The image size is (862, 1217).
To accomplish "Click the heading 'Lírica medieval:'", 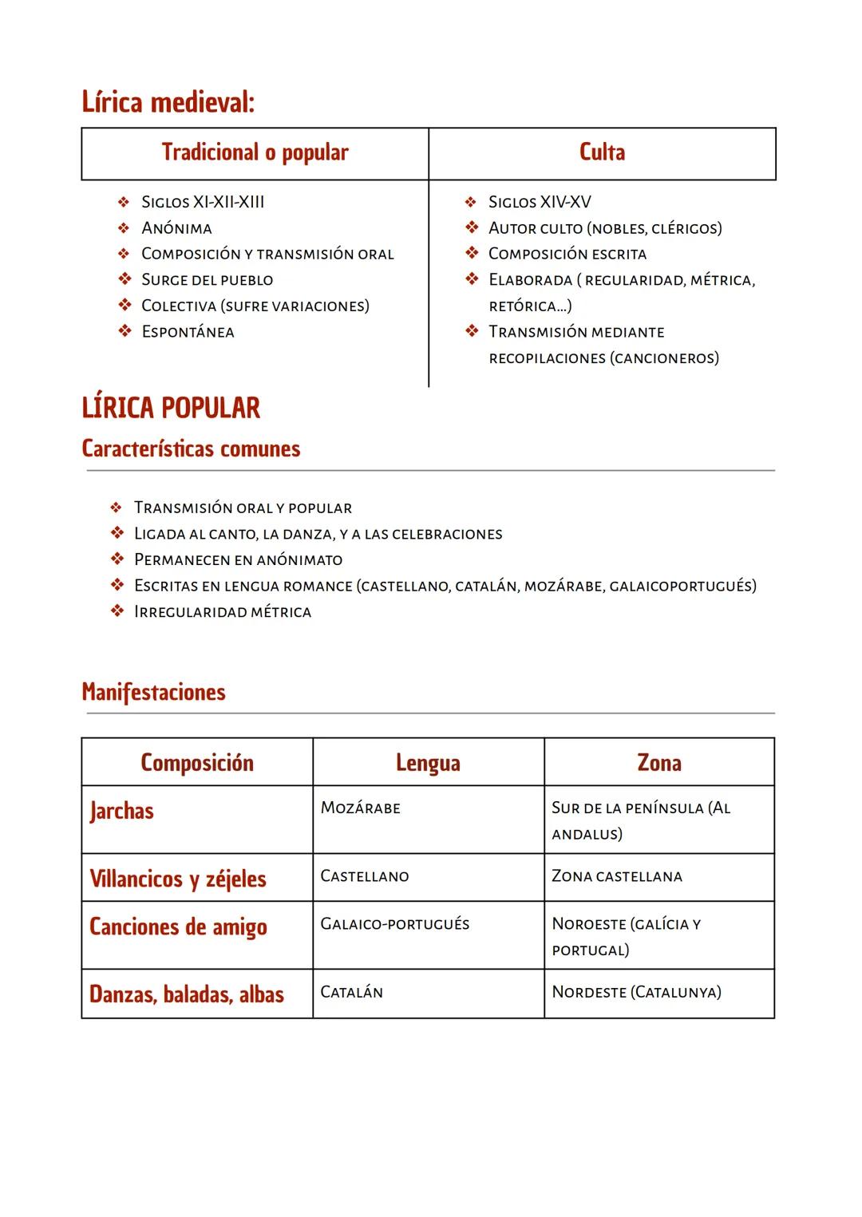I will click(168, 103).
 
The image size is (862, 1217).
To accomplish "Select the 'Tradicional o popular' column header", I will click(255, 152).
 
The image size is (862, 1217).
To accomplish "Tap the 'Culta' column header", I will click(602, 152).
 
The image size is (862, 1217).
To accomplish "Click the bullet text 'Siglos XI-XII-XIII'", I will click(203, 202).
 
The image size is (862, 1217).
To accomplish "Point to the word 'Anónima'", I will click(176, 228).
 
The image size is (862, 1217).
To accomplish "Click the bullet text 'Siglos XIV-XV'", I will click(540, 202).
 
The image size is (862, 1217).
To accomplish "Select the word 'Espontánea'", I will click(188, 332).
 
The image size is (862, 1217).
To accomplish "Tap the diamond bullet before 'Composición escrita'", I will click(472, 254).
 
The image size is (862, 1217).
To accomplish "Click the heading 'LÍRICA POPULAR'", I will click(171, 408).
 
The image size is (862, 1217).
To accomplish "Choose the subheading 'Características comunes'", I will click(191, 448).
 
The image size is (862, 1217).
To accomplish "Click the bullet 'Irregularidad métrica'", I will click(223, 612).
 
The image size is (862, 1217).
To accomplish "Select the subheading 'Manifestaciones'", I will click(153, 692).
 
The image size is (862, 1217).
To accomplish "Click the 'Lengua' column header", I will click(428, 763).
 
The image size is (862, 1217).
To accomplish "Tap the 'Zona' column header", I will click(658, 763).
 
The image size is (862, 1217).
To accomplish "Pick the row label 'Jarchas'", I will click(121, 812).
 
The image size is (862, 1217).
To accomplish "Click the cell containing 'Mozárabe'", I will click(361, 808).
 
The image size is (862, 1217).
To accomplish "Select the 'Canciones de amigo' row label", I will click(178, 927).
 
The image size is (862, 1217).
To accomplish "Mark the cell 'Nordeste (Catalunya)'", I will click(636, 993).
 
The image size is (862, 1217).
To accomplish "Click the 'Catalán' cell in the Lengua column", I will click(352, 993).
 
